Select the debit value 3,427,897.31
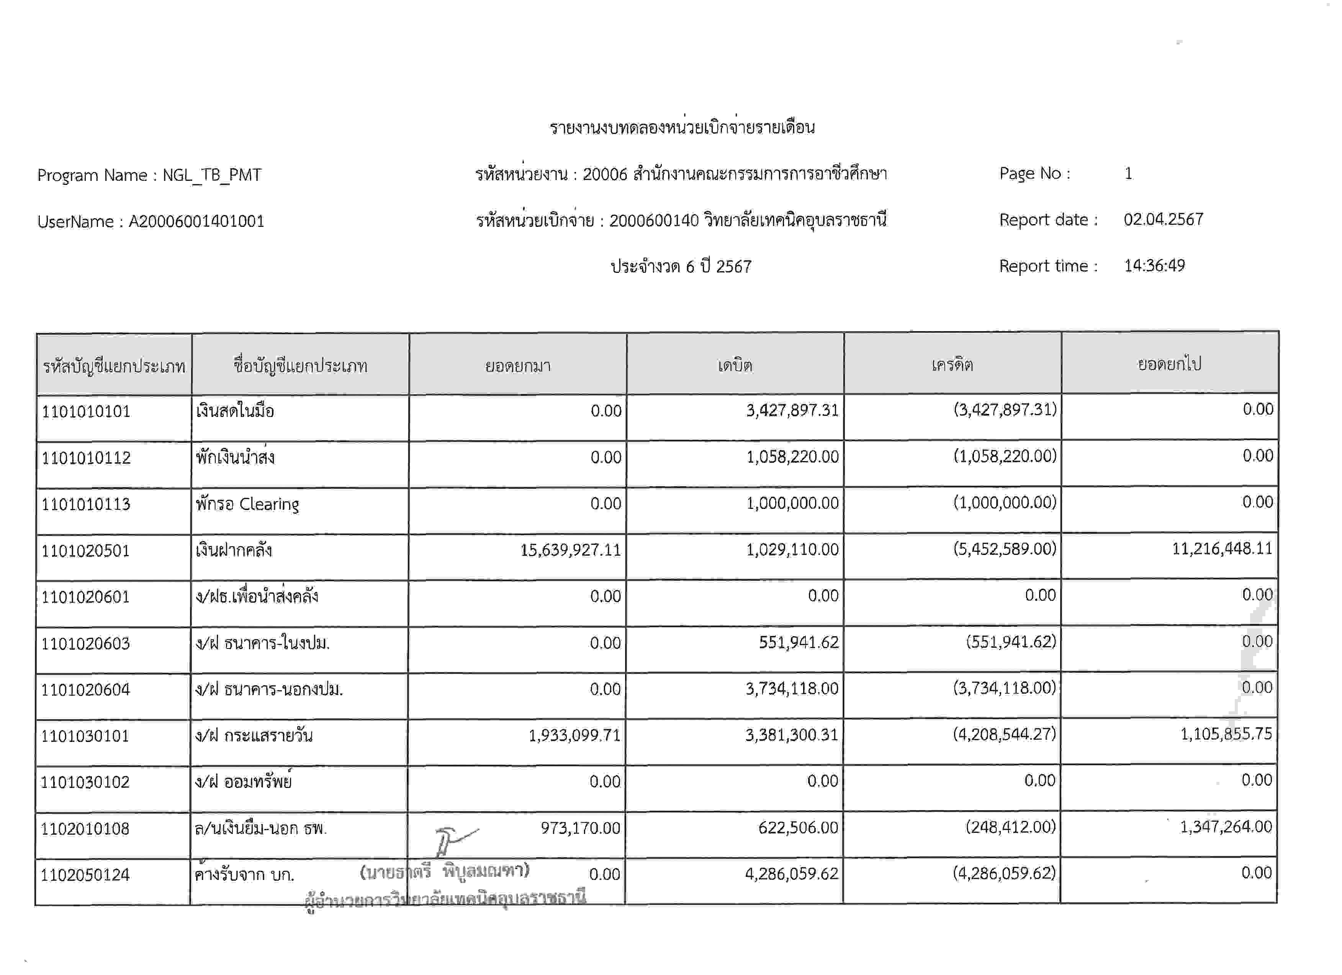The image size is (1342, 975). point(792,410)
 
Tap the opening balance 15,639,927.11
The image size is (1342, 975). point(570,550)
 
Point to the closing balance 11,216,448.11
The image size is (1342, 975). point(1222,549)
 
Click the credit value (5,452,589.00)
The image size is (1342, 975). point(1004,549)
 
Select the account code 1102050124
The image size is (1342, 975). point(85,875)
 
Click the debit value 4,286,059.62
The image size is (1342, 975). point(792,874)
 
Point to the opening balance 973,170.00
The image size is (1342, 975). point(581,827)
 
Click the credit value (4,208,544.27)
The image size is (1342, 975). point(1004,734)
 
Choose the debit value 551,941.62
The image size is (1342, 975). point(799,642)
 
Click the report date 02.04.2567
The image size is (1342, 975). point(1163,220)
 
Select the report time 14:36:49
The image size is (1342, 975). point(1154,266)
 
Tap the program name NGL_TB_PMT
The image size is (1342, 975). point(212,175)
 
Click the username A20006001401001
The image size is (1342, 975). point(196,222)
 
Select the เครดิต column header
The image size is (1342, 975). point(952,364)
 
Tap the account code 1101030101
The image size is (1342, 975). point(85,736)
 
